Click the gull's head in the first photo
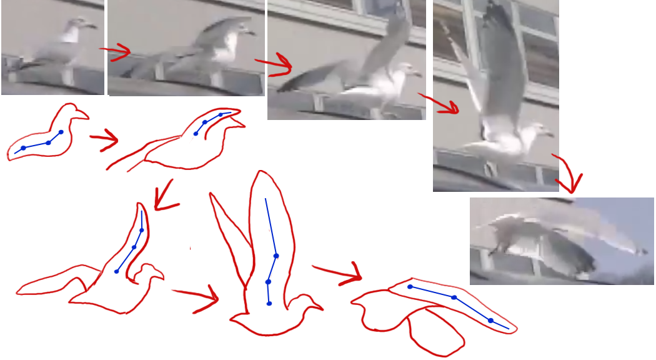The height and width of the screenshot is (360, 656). coord(76,24)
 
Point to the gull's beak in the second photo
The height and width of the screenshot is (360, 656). coord(251,31)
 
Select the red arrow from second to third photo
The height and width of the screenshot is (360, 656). coord(275,62)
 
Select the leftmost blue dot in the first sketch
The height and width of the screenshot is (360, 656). coord(23,148)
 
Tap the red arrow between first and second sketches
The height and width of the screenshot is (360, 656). coord(104,138)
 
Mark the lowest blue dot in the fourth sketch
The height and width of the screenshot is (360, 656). coord(269,304)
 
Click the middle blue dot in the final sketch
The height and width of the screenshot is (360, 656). coord(454,297)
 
